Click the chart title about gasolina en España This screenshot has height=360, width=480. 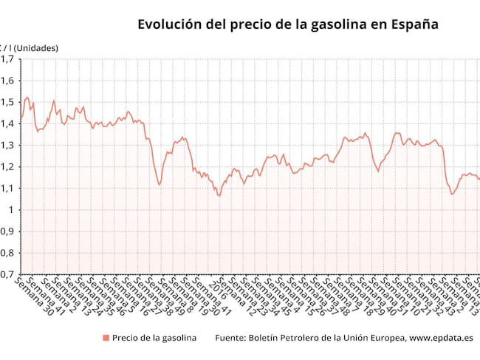pyautogui.click(x=288, y=24)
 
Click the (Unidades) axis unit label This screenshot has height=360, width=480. pyautogui.click(x=36, y=48)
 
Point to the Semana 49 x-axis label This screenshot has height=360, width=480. pyautogui.click(x=169, y=296)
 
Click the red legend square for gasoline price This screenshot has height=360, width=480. pyautogui.click(x=106, y=338)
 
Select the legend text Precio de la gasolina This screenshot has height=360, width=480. pyautogui.click(x=154, y=338)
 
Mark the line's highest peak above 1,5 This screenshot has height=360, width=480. pyautogui.click(x=27, y=97)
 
